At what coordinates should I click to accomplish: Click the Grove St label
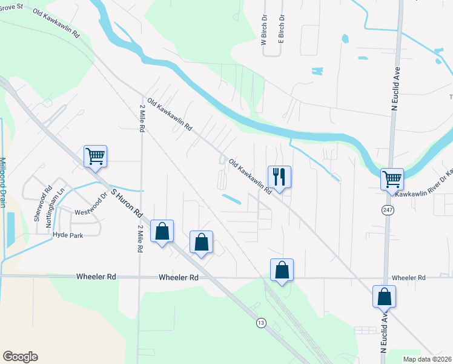click(12, 5)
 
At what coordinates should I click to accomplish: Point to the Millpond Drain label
click(2, 181)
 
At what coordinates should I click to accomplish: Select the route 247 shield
click(387, 209)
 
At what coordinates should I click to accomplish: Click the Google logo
click(19, 357)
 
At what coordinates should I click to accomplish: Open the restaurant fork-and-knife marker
click(279, 177)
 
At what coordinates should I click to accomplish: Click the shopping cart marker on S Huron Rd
click(95, 156)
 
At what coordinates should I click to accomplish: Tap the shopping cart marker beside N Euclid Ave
click(392, 179)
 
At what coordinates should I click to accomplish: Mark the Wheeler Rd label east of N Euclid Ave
click(409, 277)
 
